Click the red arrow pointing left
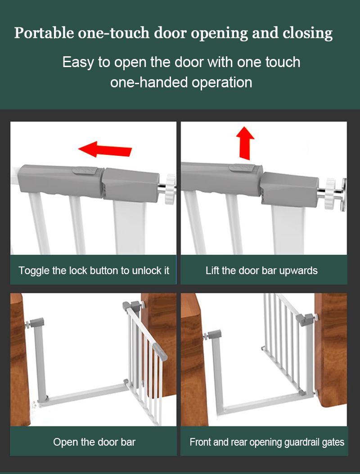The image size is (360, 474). [105, 149]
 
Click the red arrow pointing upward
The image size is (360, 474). [246, 143]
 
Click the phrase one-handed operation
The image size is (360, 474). [181, 82]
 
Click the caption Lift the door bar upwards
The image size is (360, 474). [261, 271]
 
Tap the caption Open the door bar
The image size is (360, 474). [94, 442]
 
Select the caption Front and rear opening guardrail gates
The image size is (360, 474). [267, 442]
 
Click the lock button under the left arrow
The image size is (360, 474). [83, 171]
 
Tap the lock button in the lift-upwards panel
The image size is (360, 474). [237, 167]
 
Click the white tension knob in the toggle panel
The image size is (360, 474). [170, 189]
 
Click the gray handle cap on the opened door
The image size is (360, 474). [160, 350]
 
